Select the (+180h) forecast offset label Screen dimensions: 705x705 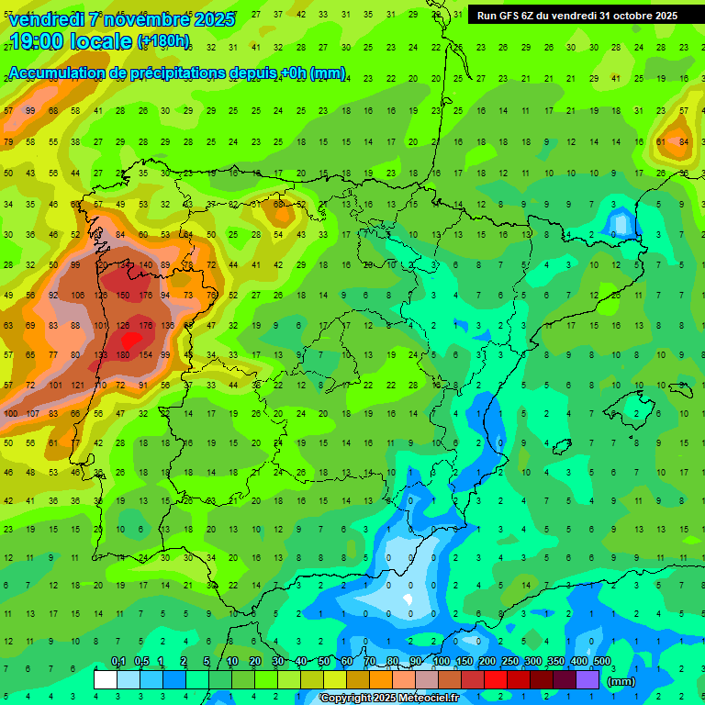click(x=163, y=41)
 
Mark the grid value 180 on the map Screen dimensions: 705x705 click(x=122, y=355)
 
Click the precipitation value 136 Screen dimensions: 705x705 click(x=166, y=325)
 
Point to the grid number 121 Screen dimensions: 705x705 click(x=77, y=386)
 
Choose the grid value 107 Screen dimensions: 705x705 click(x=32, y=413)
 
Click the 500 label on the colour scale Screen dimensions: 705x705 click(x=602, y=662)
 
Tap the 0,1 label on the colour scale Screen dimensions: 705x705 click(x=117, y=662)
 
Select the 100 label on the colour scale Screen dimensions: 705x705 click(x=442, y=662)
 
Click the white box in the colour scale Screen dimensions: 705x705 click(x=106, y=679)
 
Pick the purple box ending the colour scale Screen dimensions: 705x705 click(x=588, y=679)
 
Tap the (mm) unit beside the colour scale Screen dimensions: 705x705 click(x=621, y=681)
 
